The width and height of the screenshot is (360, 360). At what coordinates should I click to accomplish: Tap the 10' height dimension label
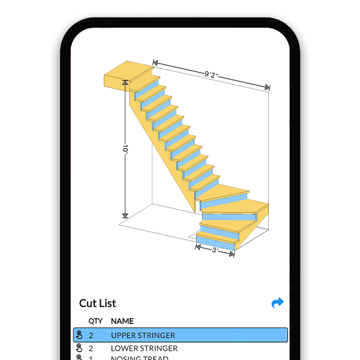coord(125,148)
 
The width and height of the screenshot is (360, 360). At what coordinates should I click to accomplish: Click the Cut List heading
coord(98,303)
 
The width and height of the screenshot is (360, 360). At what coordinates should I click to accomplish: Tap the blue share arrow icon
coord(277,303)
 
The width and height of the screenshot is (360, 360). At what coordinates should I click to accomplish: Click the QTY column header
coord(95,321)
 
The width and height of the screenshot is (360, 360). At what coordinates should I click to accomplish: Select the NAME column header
coord(122,321)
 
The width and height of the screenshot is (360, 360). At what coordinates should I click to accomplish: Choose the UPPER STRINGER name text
coord(143,335)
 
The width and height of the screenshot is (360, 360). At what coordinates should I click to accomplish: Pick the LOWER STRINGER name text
coord(144,348)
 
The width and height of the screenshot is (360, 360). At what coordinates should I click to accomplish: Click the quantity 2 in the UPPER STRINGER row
coord(91,335)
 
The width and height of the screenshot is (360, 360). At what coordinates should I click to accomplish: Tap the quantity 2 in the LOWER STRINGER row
coord(91,348)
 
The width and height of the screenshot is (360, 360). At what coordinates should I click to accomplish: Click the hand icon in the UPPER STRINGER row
coord(79,335)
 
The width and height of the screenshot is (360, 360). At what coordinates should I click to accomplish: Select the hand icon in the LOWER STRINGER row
coord(79,348)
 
